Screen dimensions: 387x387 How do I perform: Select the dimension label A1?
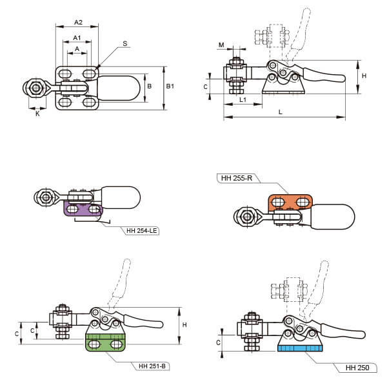pos(77,37)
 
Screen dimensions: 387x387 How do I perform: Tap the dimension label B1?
pos(170,85)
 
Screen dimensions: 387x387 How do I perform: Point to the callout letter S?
pos(124,44)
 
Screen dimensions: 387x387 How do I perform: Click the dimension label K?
pos(37,114)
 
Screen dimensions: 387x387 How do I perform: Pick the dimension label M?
pos(221,45)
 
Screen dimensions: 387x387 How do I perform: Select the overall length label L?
pos(279,112)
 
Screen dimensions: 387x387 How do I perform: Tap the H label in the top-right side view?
pos(364,75)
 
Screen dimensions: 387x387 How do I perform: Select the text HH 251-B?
pos(153,366)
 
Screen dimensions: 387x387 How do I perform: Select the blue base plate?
pos(299,349)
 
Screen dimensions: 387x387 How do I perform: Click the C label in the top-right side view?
pos(206,86)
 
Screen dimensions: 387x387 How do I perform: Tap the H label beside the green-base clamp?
pos(184,324)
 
